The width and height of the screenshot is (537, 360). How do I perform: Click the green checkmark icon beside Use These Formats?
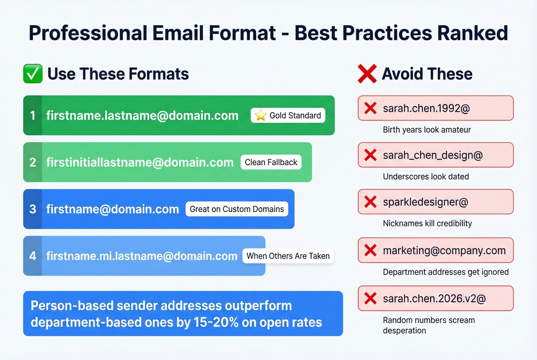tap(33, 74)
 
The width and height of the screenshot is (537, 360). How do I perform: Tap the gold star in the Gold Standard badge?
tap(260, 115)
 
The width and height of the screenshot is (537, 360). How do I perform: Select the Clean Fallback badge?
tap(271, 162)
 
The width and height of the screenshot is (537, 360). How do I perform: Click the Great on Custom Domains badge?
tap(237, 209)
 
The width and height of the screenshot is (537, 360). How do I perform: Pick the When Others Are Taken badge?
tap(288, 256)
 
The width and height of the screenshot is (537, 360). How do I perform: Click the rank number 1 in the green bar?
tap(33, 115)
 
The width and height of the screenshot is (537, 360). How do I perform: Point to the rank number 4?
tap(33, 256)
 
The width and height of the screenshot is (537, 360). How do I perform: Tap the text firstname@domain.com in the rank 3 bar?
tap(112, 209)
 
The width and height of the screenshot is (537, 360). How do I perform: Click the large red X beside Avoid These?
tap(367, 74)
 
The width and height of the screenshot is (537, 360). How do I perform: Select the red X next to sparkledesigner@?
tap(370, 202)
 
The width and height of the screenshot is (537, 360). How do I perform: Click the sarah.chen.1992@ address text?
tap(426, 108)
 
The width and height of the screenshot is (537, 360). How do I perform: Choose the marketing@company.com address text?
tap(444, 250)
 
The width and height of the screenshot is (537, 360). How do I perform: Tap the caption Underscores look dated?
tap(426, 176)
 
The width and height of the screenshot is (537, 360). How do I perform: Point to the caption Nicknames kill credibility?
tap(427, 223)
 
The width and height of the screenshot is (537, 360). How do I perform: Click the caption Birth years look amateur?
tap(427, 130)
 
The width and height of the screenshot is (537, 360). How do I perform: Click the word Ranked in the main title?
tap(473, 33)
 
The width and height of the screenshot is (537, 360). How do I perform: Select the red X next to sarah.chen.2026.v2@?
tap(370, 298)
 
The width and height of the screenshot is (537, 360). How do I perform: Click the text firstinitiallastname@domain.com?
tap(140, 162)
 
